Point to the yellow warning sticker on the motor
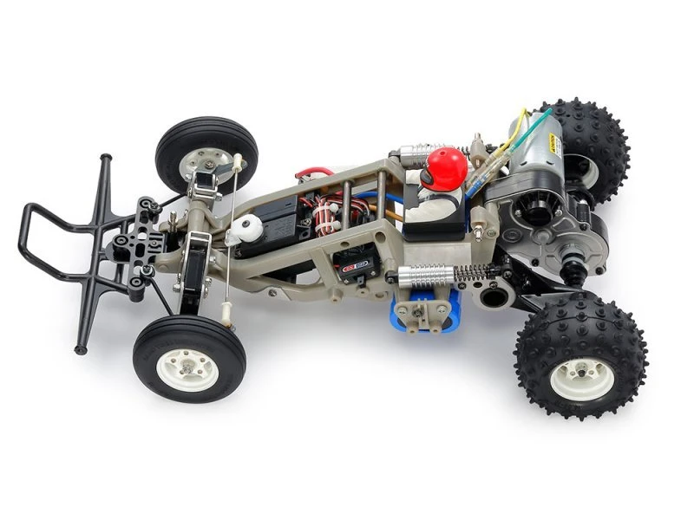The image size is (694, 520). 550,138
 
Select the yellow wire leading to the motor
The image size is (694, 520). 518,120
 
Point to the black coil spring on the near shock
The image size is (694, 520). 471,272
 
